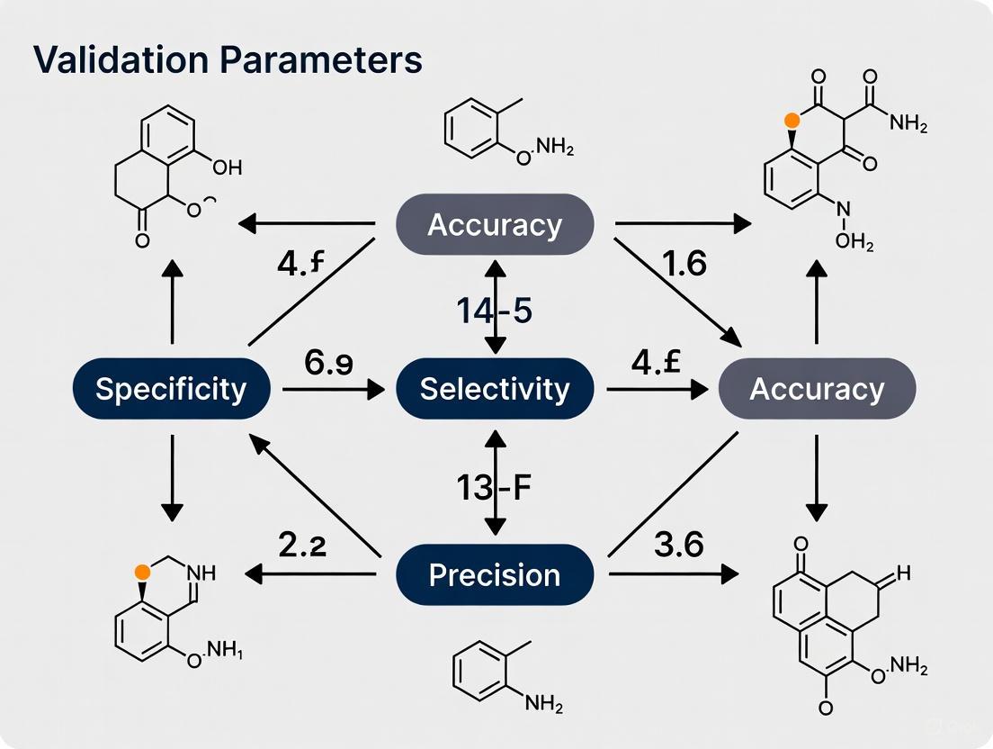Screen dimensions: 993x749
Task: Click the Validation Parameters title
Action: point(228,59)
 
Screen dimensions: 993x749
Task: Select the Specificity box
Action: point(171,389)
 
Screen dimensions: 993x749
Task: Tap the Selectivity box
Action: point(495,389)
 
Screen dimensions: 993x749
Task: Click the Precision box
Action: point(495,574)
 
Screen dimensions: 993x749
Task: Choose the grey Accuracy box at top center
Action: point(495,224)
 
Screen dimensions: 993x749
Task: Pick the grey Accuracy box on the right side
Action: point(817,389)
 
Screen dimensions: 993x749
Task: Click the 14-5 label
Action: point(495,311)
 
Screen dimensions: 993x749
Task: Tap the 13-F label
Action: point(495,492)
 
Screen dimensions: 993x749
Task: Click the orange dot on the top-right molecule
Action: point(792,119)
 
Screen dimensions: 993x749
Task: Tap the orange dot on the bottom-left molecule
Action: point(141,571)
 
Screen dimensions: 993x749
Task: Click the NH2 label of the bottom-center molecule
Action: point(545,704)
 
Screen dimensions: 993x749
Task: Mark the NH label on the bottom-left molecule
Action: point(203,571)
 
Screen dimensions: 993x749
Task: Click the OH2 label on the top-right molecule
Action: point(854,242)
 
